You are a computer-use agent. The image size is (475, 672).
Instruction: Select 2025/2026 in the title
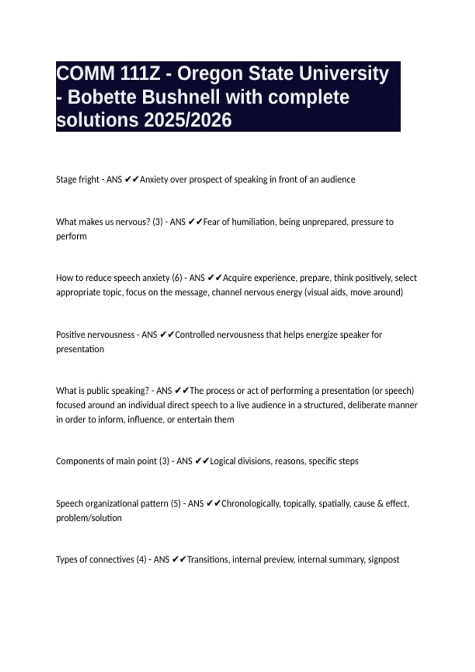(188, 120)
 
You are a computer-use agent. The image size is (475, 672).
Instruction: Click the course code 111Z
(140, 74)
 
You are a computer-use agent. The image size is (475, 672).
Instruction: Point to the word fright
(89, 179)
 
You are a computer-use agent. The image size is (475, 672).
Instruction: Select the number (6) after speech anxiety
(177, 278)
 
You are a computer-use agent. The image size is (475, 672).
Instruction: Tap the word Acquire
(239, 278)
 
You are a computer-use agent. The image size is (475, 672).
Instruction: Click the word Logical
(224, 461)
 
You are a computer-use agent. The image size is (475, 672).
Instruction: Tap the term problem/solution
(89, 518)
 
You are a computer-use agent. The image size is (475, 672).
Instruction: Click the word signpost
(383, 560)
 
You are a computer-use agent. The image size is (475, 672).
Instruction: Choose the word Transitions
(208, 560)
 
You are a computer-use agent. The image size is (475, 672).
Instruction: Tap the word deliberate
(370, 405)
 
